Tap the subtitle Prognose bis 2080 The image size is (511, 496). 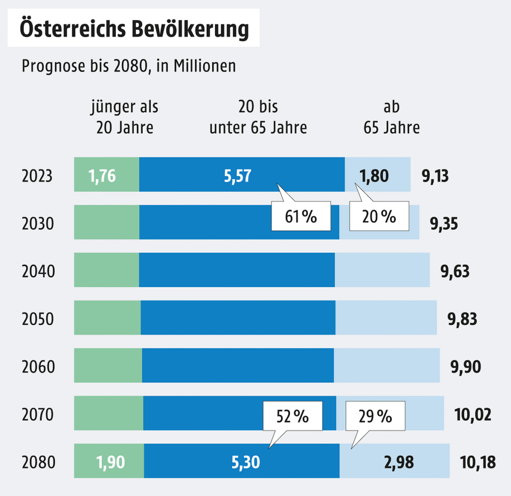128,66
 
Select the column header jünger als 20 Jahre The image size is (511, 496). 124,117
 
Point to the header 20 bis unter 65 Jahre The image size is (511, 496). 258,117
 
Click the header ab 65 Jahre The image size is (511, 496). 392,117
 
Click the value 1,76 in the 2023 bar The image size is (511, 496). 102,176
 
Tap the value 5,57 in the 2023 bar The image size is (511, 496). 238,176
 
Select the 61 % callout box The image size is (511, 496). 301,216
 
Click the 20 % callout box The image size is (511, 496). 379,216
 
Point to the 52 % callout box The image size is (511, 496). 293,416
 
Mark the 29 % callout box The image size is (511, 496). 375,416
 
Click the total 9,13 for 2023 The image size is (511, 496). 436,176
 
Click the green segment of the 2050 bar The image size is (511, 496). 107,318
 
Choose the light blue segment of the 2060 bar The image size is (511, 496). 387,365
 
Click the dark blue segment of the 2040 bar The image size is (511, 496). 237,270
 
